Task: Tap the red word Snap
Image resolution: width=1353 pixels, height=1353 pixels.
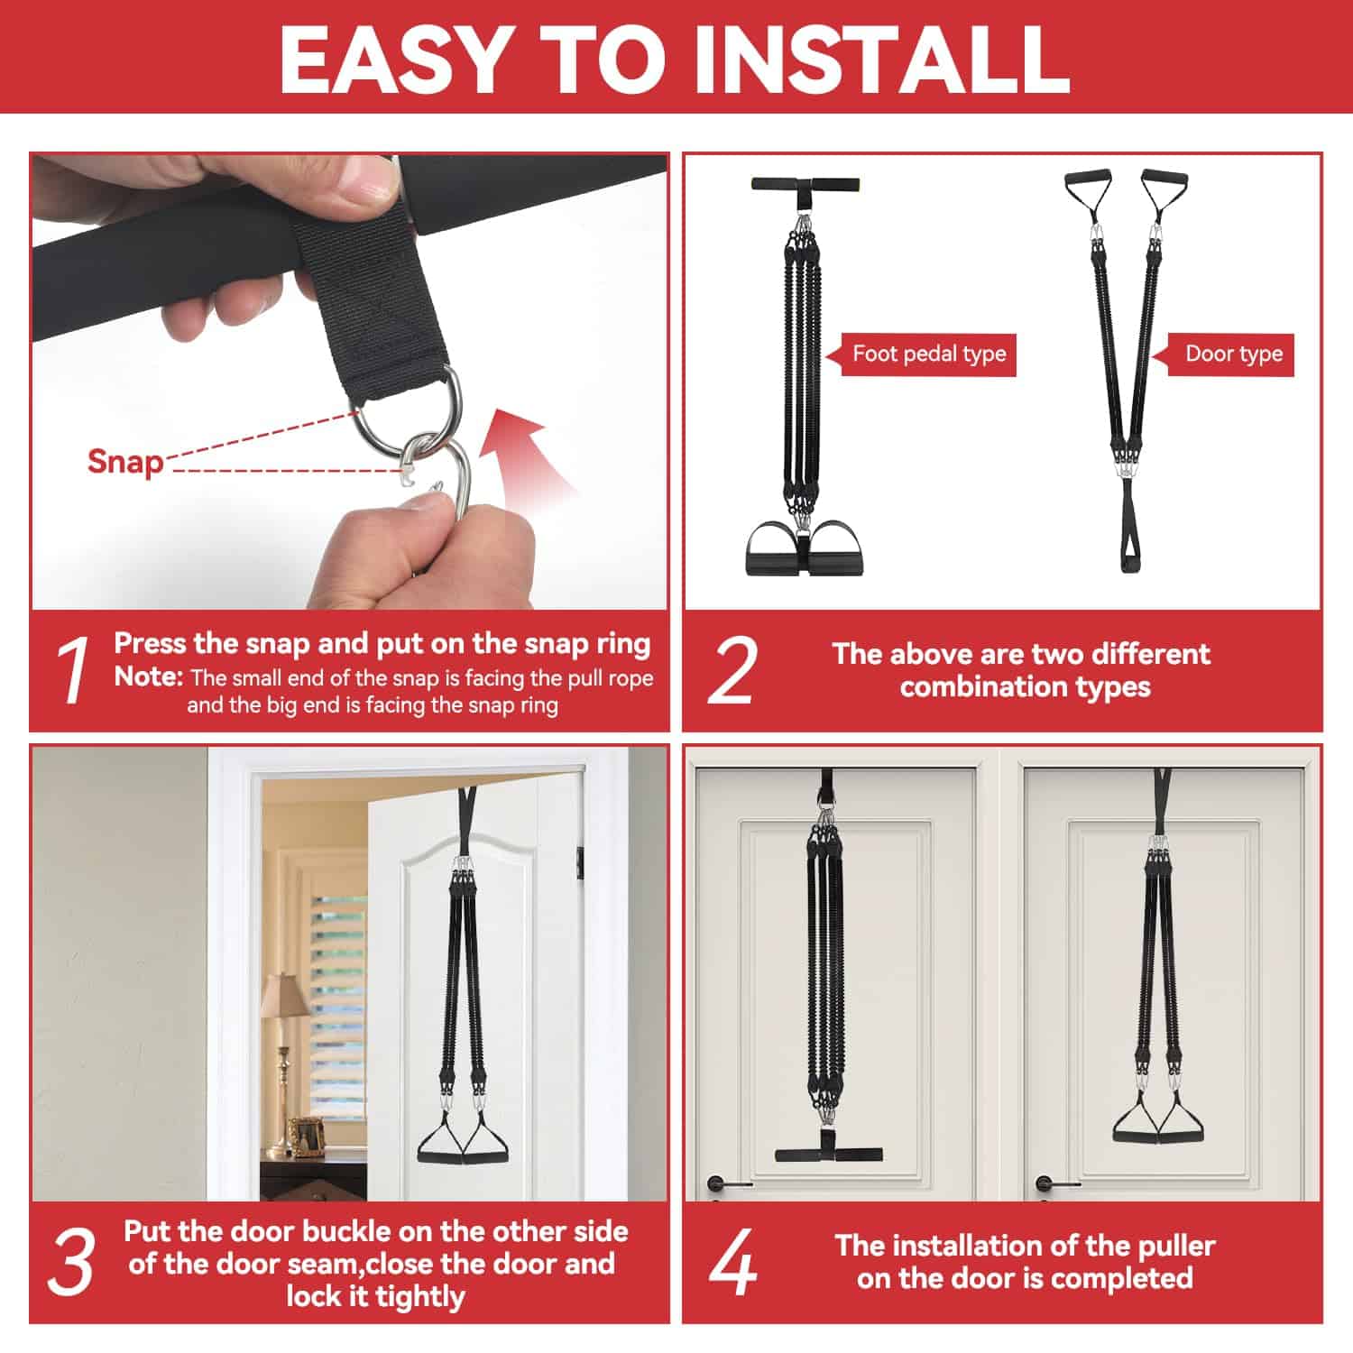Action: pos(125,462)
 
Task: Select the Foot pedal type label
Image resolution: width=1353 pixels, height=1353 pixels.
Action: pos(929,354)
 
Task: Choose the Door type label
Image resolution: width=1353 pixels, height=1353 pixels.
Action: pos(1233,354)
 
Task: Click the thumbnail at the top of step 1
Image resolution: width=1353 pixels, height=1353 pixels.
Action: pos(370,180)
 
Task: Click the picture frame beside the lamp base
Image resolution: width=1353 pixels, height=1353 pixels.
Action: pos(306,1137)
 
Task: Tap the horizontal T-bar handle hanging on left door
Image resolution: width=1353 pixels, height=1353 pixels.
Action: pos(829,1154)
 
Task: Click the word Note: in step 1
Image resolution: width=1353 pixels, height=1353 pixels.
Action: pos(149,676)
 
